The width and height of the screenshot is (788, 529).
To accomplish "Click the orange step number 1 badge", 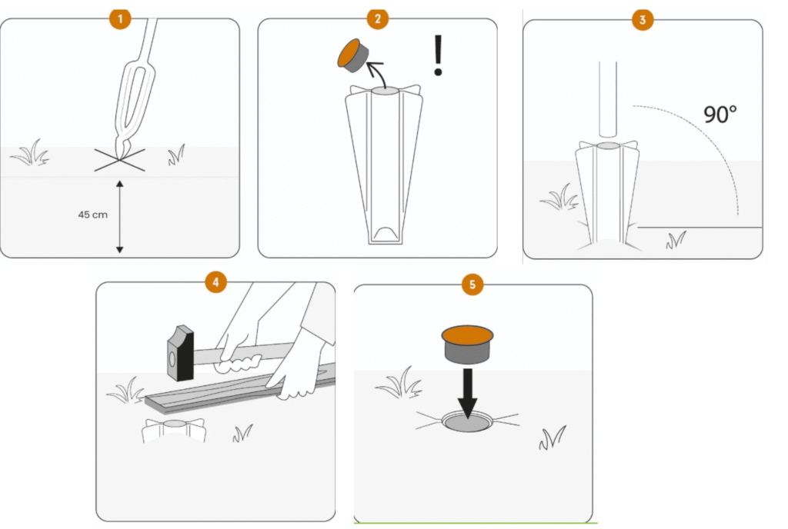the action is tap(119, 19).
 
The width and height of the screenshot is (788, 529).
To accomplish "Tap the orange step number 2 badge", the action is tap(377, 19).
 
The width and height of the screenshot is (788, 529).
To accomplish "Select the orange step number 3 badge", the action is tap(643, 20).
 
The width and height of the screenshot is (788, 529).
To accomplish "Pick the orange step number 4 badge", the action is tap(215, 282).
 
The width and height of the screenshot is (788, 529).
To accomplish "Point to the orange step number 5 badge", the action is tap(472, 284).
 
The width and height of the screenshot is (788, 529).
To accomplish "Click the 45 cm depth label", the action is tap(92, 215).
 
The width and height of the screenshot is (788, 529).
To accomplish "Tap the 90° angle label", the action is tap(720, 115).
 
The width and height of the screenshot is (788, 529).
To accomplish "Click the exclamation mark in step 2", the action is tap(438, 55).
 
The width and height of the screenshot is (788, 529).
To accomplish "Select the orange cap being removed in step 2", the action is tap(352, 55).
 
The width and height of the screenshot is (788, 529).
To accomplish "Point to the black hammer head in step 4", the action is tap(180, 353).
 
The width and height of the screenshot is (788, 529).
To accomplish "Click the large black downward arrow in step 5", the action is tap(468, 394).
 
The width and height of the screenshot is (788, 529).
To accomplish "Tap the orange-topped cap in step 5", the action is tap(467, 344).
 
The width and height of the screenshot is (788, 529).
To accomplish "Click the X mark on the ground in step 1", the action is tap(119, 160).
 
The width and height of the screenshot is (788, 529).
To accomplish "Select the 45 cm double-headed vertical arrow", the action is tap(119, 217).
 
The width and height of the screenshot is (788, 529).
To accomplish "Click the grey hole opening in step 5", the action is tap(468, 423).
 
